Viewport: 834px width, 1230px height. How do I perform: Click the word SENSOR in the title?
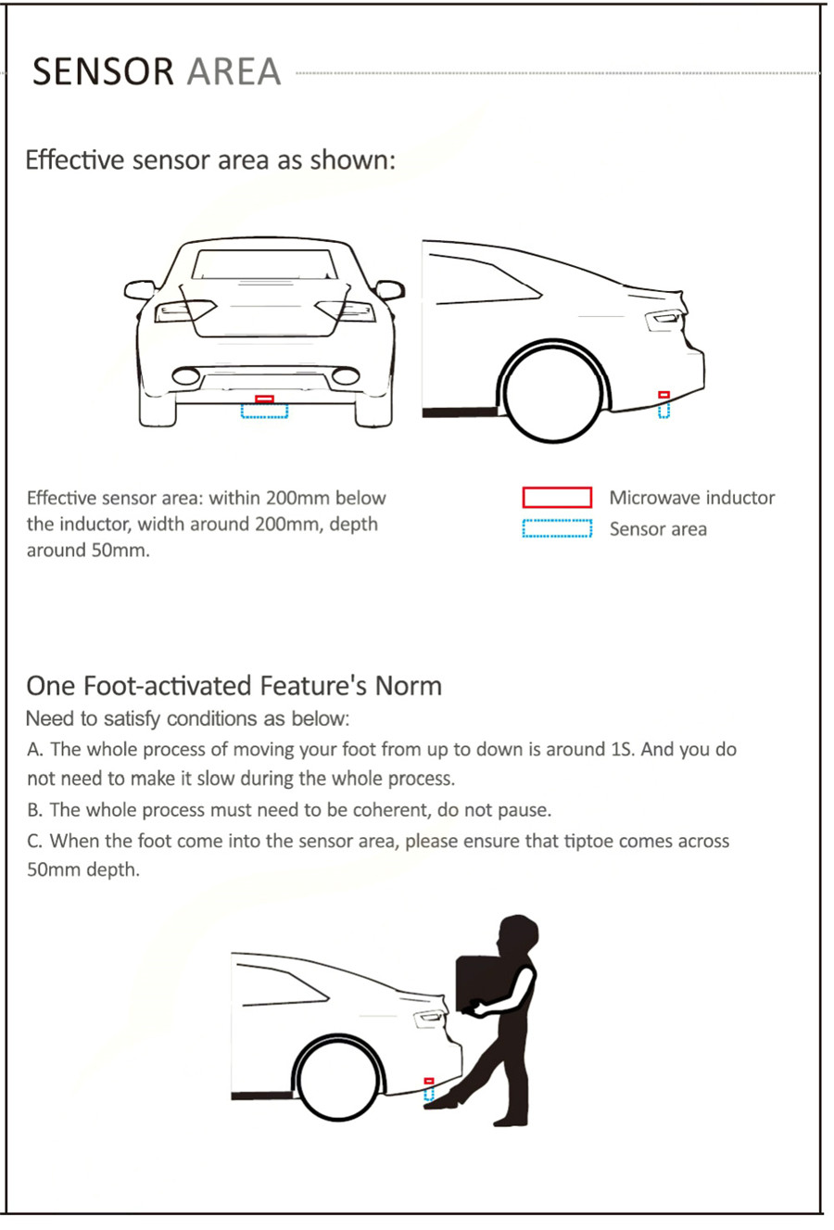point(103,71)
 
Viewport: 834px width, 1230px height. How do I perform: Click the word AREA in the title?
point(234,71)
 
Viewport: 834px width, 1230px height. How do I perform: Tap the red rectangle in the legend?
point(557,498)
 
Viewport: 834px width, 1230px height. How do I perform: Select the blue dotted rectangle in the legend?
point(557,529)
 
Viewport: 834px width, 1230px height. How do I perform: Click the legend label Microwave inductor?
point(691,498)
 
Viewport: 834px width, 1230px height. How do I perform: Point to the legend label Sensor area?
point(658,529)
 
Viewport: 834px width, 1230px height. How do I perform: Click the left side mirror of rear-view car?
point(139,290)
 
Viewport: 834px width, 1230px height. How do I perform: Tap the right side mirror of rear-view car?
point(390,290)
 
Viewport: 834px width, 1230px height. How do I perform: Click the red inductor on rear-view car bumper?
point(265,399)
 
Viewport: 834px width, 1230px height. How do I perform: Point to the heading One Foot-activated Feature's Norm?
point(234,686)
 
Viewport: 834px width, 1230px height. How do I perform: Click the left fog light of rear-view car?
point(186,376)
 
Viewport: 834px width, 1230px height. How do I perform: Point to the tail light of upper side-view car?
point(664,320)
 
